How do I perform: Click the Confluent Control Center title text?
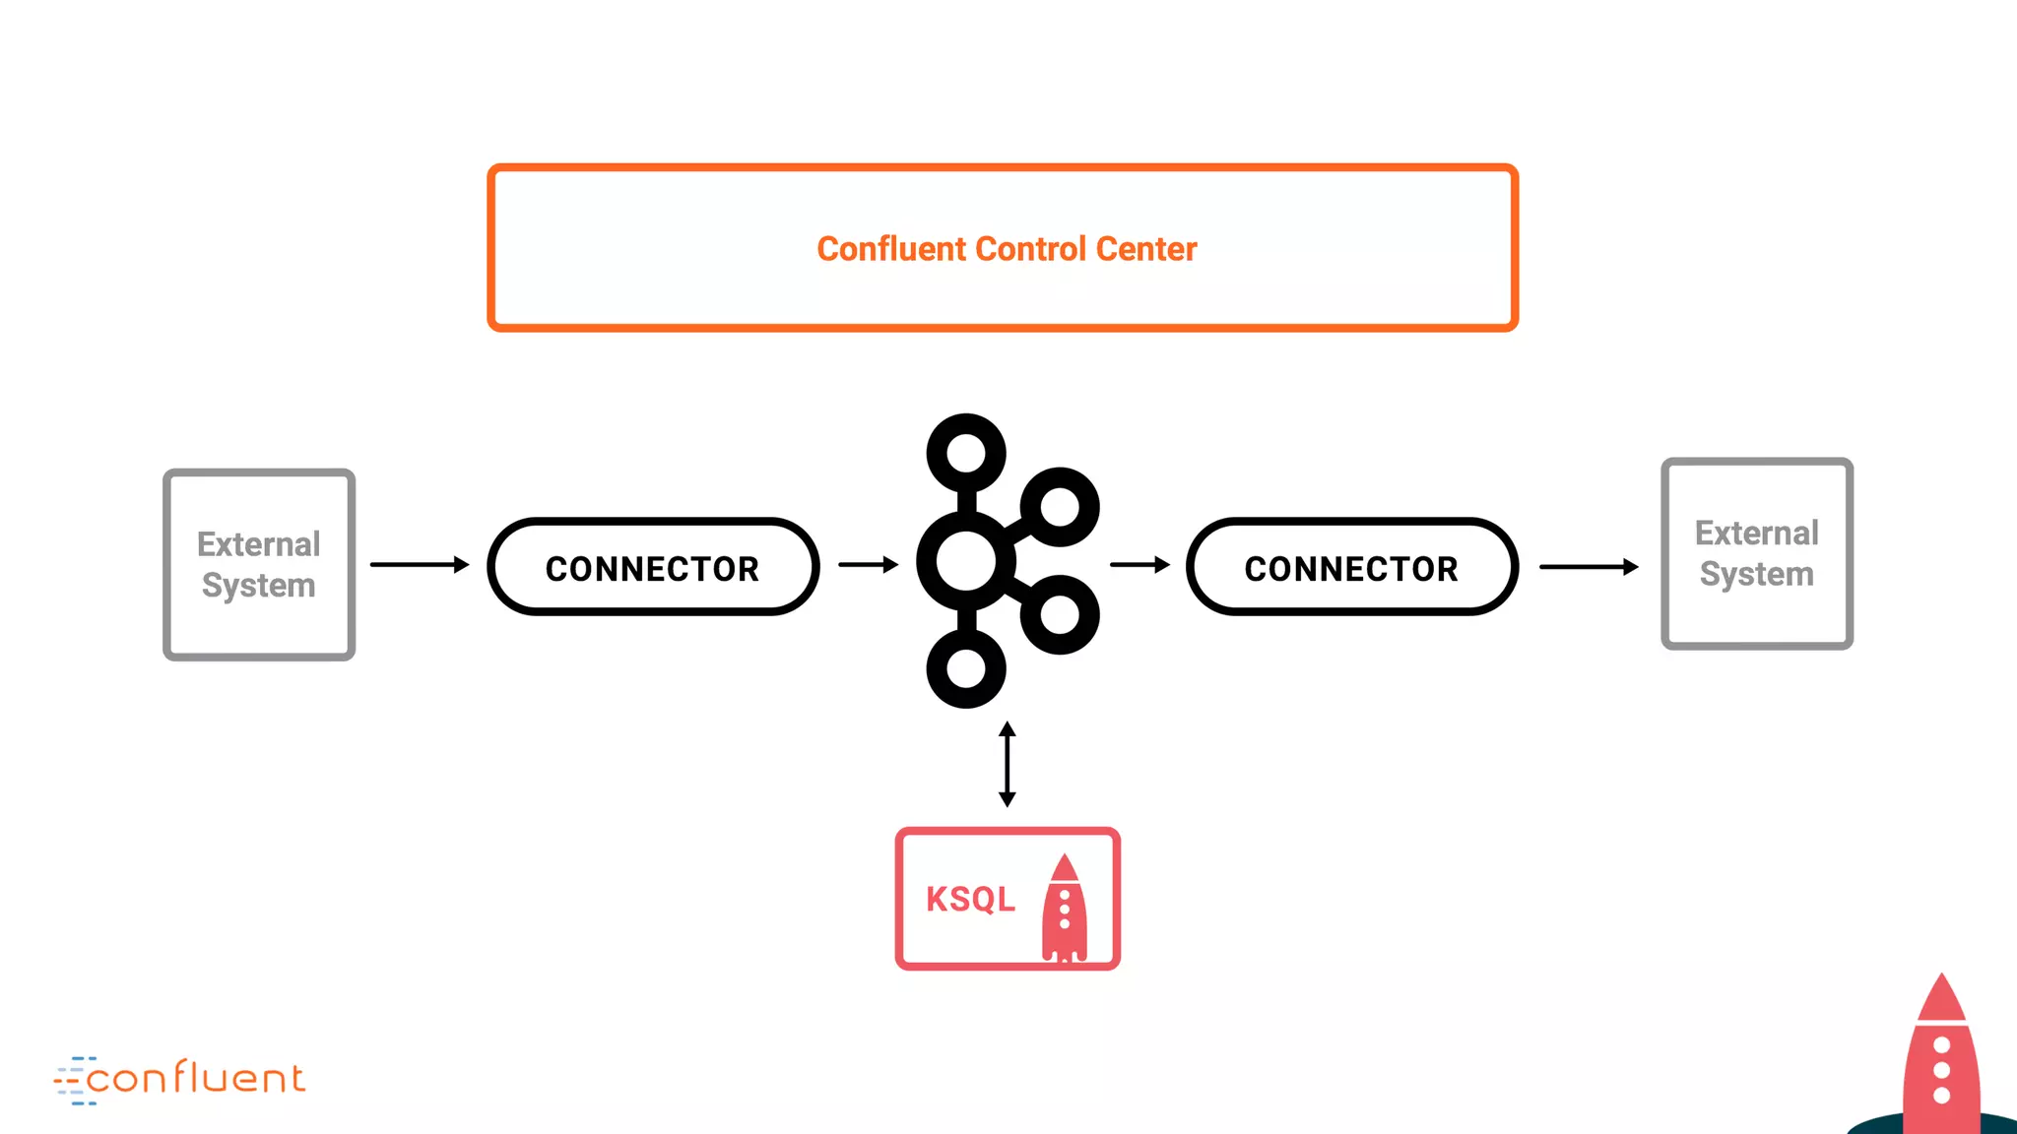(x=1007, y=249)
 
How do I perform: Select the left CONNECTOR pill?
(x=653, y=568)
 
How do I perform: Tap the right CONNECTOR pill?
(x=1351, y=568)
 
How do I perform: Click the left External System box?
(x=259, y=564)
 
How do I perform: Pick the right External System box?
(x=1757, y=553)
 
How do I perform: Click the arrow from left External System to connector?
(x=420, y=564)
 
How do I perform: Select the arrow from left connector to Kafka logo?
(x=868, y=564)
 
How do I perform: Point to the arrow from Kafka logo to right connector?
(x=1139, y=564)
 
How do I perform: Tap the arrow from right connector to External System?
(x=1589, y=566)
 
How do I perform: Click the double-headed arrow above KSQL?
(x=1007, y=764)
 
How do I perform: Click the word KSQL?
(x=970, y=899)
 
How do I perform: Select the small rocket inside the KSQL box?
(x=1065, y=909)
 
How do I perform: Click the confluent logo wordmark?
(x=195, y=1079)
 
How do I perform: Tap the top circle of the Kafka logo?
(x=966, y=453)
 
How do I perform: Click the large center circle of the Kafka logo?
(x=965, y=561)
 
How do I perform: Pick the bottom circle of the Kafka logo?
(x=966, y=668)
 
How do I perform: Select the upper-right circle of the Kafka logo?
(x=1060, y=507)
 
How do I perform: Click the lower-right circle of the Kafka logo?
(x=1060, y=615)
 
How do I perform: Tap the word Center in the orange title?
(x=1146, y=249)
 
